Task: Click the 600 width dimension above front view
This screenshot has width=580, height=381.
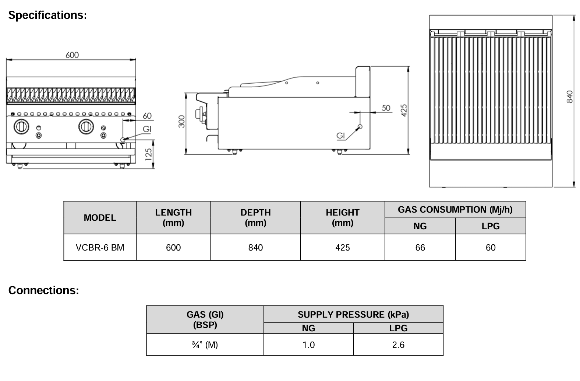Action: [72, 55]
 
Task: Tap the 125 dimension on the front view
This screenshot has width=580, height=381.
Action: [148, 153]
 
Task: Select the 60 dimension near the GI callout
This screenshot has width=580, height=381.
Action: [147, 116]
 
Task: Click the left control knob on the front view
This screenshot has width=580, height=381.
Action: [21, 127]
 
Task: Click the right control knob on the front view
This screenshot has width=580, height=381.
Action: [86, 127]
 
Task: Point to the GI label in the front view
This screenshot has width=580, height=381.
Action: [147, 129]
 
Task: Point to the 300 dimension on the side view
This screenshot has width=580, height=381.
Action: [181, 122]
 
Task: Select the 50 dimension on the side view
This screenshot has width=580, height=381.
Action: [386, 108]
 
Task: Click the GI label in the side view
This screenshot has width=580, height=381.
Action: [341, 136]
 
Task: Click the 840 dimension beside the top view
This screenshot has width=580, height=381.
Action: [569, 97]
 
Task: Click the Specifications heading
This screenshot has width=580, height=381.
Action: [47, 15]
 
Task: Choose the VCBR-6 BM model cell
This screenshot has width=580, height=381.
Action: [100, 248]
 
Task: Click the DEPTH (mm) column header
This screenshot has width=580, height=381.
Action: [255, 217]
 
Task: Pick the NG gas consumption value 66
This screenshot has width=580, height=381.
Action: [420, 248]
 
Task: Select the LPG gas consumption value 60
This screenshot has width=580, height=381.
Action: [491, 248]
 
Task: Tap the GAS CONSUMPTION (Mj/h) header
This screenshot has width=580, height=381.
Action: [455, 210]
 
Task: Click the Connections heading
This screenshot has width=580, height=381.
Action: [43, 290]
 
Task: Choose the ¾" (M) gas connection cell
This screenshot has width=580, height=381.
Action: [205, 345]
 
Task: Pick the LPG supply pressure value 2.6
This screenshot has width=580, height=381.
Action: [398, 345]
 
